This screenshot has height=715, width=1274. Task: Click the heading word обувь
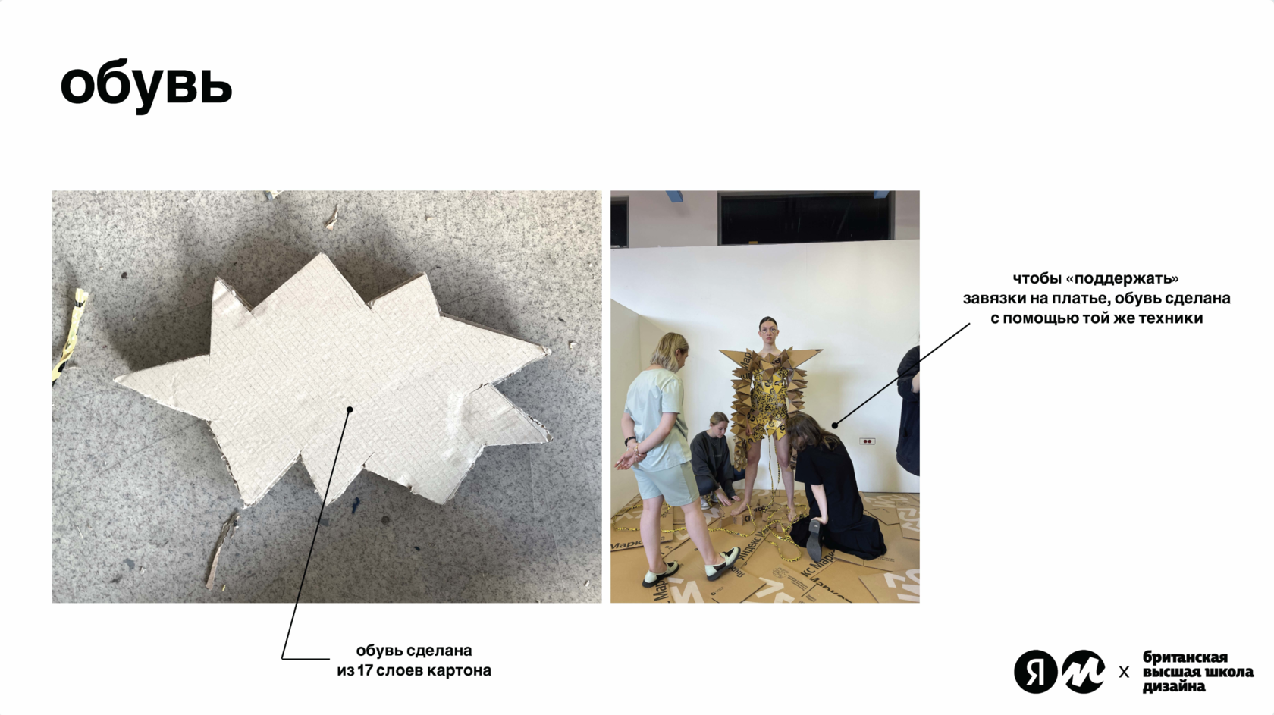pyautogui.click(x=146, y=86)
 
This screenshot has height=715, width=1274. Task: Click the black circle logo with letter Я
pyautogui.click(x=1035, y=672)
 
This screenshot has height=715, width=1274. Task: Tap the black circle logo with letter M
pyautogui.click(x=1084, y=672)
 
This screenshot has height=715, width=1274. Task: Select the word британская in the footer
pyautogui.click(x=1185, y=658)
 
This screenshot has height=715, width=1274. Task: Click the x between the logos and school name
pyautogui.click(x=1124, y=673)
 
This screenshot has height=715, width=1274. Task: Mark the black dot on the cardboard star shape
pyautogui.click(x=350, y=409)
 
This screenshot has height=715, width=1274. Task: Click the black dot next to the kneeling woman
pyautogui.click(x=835, y=425)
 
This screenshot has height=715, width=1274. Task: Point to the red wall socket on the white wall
pyautogui.click(x=867, y=441)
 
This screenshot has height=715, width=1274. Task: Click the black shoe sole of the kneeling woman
pyautogui.click(x=815, y=540)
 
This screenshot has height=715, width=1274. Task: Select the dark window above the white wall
pyautogui.click(x=803, y=219)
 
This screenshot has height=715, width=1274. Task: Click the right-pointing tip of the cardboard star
pyautogui.click(x=549, y=350)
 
